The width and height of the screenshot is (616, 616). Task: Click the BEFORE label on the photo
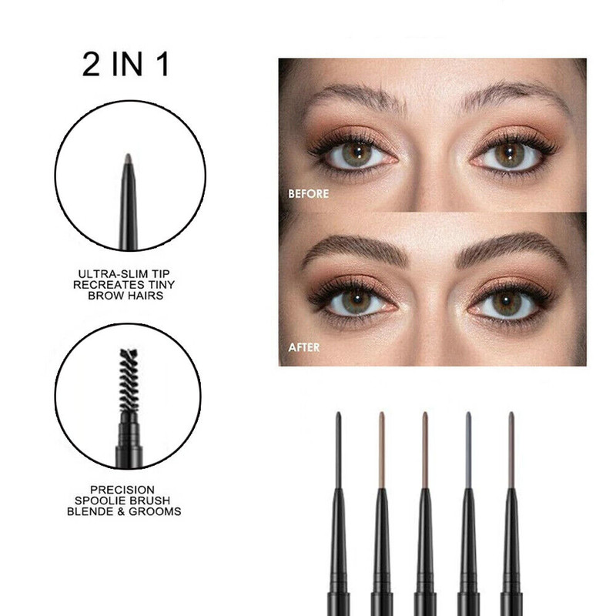point(309,194)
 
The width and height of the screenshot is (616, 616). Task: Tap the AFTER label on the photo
point(303,347)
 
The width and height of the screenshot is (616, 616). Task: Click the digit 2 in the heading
point(91,65)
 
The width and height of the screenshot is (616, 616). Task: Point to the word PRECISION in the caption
point(122,490)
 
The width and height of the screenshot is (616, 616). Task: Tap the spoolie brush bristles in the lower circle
point(129,380)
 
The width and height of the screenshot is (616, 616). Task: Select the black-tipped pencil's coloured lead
point(338,450)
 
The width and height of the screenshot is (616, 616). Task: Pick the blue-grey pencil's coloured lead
point(468,450)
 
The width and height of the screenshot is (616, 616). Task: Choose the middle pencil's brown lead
point(425,450)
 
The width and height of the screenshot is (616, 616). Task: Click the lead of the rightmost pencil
point(511,450)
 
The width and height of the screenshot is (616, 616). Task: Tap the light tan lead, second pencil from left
point(381,450)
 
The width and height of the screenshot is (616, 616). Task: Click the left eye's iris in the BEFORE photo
point(357,154)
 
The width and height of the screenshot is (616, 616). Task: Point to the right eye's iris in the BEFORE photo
point(509,154)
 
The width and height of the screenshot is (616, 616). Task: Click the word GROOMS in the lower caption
point(155,511)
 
